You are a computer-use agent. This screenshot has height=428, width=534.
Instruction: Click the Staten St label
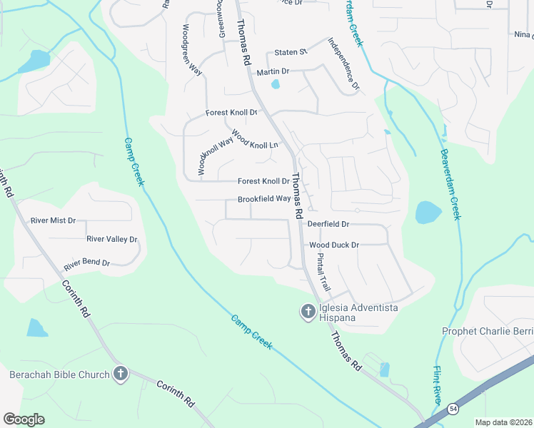point(291,52)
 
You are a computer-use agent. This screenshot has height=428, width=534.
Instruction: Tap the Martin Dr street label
point(273,72)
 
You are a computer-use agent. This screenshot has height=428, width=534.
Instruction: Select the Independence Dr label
point(343,64)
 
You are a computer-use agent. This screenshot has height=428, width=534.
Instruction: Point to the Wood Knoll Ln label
point(254,139)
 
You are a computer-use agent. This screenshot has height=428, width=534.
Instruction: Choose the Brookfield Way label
point(264,199)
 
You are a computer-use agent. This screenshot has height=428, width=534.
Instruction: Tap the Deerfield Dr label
point(328,224)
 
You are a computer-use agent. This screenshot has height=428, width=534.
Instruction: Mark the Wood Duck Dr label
point(333,245)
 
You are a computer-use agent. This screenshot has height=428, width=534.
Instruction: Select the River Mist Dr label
point(53,220)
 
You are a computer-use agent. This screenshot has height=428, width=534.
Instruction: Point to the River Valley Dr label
point(111,239)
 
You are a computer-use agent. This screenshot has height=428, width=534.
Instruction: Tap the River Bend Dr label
point(86,264)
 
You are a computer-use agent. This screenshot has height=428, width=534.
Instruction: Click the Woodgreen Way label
point(191,50)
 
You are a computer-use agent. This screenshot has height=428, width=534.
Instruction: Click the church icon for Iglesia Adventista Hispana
point(308,312)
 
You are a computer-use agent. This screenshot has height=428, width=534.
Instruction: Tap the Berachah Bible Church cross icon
point(121,374)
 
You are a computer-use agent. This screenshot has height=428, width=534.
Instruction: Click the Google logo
point(24,419)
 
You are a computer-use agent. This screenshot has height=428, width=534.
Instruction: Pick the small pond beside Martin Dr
point(276,85)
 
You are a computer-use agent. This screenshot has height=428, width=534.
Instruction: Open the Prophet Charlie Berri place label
point(488,331)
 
